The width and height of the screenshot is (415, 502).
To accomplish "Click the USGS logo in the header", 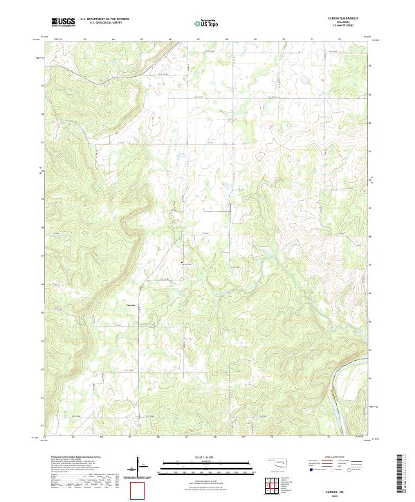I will click(x=63, y=22).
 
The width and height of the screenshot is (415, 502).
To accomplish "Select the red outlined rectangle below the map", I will click(x=138, y=491).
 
